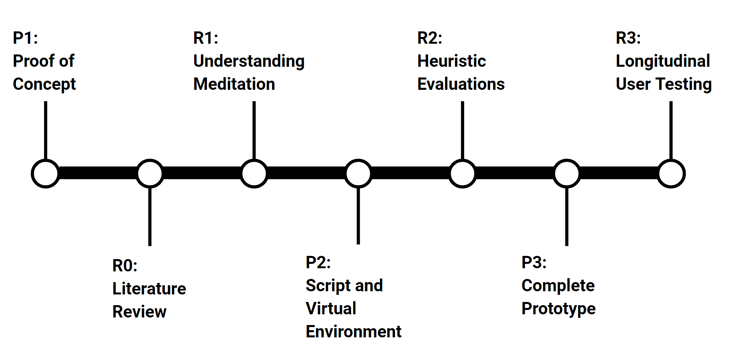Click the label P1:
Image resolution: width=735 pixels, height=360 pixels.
(x=25, y=38)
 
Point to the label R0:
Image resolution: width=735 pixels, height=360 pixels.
(x=125, y=265)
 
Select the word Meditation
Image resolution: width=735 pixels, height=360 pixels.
(x=234, y=84)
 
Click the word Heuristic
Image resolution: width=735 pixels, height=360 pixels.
(x=451, y=61)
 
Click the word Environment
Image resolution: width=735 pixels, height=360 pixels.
(x=353, y=331)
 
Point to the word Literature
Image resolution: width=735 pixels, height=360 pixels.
(x=149, y=288)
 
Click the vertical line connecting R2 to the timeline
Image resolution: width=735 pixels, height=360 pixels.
(x=463, y=130)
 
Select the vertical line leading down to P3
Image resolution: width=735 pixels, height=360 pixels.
(x=567, y=217)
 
